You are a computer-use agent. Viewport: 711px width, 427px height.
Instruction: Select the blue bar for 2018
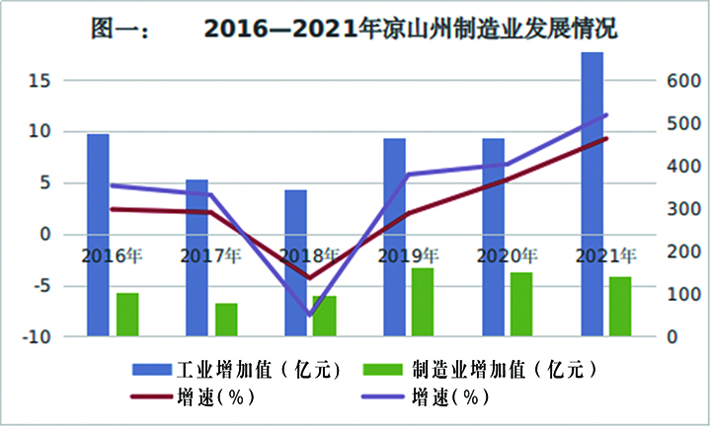[x=295, y=262]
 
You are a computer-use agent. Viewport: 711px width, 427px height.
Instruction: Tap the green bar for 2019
[x=423, y=302]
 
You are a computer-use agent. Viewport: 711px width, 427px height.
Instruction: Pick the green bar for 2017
[x=226, y=320]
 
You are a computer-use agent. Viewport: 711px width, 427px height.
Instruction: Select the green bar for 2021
[x=620, y=307]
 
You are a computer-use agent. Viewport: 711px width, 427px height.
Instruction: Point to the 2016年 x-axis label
[x=112, y=256]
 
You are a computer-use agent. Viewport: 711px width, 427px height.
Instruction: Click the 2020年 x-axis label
[x=507, y=256]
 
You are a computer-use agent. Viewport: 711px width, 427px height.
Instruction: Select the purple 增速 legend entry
[x=449, y=397]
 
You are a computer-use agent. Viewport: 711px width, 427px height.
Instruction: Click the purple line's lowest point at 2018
[x=309, y=316]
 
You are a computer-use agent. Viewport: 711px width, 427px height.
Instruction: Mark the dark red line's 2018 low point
[x=309, y=278]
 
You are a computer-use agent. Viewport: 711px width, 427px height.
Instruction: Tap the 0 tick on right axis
[x=671, y=337]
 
